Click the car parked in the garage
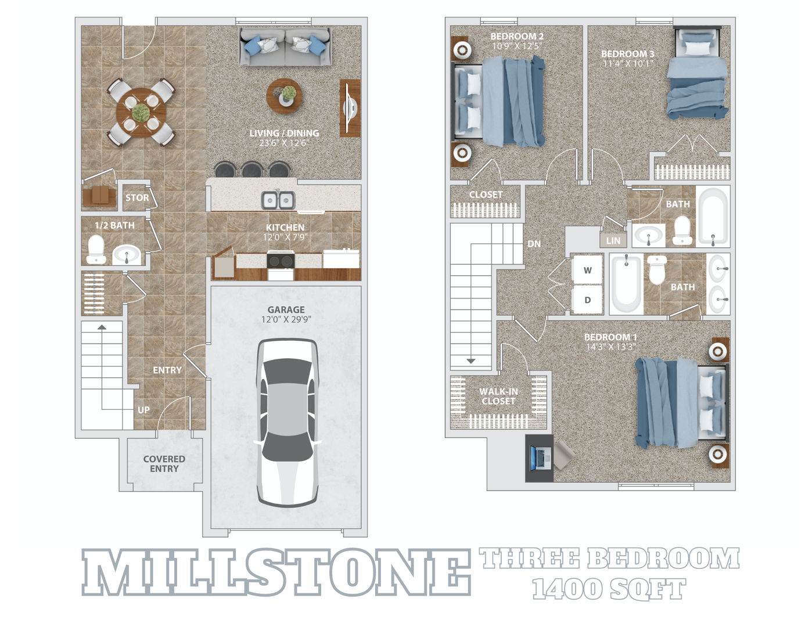tap(288, 422)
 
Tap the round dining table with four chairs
tap(141, 112)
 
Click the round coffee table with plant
tap(284, 95)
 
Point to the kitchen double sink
tap(278, 200)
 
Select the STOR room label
tap(137, 197)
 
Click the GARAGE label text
tap(286, 309)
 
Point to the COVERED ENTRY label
tap(164, 463)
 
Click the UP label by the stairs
tap(143, 410)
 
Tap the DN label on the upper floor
tap(534, 244)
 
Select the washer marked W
tap(587, 270)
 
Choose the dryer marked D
tap(587, 300)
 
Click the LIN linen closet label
tap(613, 240)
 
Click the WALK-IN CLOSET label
tap(498, 396)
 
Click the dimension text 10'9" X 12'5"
tap(516, 46)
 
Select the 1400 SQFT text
tap(609, 589)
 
